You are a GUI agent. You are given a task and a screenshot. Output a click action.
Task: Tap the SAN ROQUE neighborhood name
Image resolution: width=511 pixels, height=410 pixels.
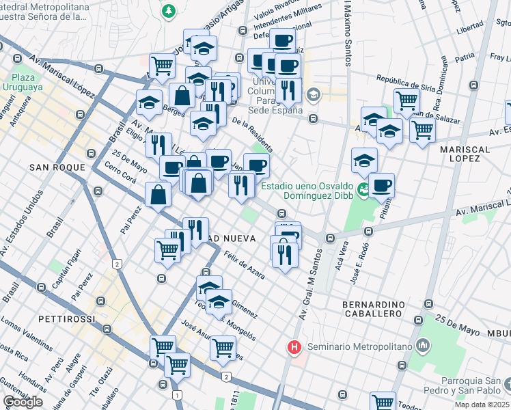[x=57, y=167]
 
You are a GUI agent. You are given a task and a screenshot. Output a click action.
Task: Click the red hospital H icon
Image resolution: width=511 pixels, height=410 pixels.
[x=294, y=347]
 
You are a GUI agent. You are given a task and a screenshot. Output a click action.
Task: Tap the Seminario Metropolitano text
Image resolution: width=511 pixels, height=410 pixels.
[x=359, y=347]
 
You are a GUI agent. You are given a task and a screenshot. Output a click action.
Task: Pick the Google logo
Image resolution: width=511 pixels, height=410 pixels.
[x=23, y=402]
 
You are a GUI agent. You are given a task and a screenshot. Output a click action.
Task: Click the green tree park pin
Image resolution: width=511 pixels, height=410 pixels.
[x=168, y=11]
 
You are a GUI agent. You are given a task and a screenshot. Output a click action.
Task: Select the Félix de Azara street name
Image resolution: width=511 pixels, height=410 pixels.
[x=245, y=262]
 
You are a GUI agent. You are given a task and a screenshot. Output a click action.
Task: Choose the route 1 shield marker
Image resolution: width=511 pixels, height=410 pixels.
[x=177, y=395]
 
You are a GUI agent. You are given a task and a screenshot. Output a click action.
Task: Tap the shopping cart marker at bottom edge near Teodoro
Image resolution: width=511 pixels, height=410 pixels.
[x=383, y=402]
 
